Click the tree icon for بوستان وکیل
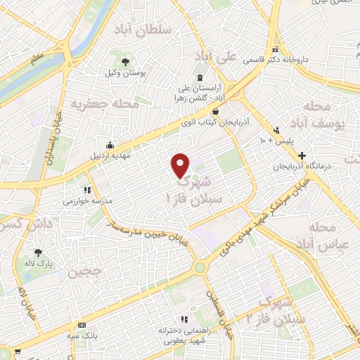pos(125,62)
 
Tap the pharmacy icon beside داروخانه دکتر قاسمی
pos(276,50)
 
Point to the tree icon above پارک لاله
pos(38,252)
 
